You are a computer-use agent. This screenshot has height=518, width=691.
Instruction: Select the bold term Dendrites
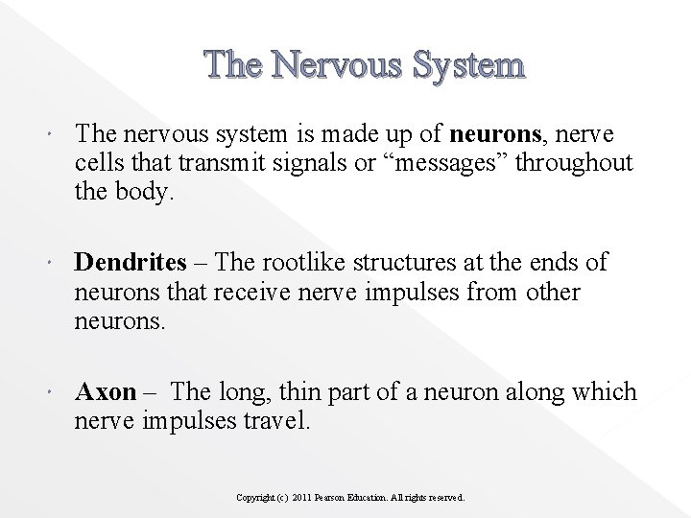130,263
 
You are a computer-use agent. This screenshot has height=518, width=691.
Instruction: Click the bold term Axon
106,392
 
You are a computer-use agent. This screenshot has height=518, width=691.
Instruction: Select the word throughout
574,162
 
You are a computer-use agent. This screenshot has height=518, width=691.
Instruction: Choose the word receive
225,292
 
